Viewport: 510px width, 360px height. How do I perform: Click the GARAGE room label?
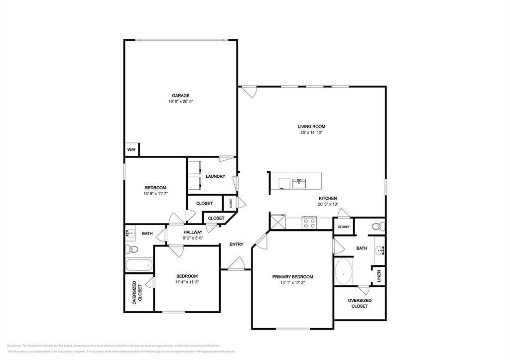click(x=180, y=96)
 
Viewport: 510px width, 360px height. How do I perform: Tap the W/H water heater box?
click(x=131, y=149)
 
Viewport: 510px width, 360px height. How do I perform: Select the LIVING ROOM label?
click(x=311, y=126)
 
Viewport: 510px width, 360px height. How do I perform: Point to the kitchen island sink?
click(x=299, y=183)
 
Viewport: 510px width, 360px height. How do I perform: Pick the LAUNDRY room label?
click(x=215, y=176)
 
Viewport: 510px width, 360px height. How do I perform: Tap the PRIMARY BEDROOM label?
click(x=292, y=277)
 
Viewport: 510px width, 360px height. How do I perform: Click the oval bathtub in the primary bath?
click(x=343, y=272)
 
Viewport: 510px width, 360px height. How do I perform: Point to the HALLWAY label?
click(x=193, y=232)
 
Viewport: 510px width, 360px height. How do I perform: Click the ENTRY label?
click(x=236, y=244)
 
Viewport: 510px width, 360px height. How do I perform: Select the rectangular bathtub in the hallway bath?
click(x=139, y=265)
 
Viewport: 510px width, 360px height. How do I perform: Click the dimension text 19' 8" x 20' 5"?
click(x=180, y=102)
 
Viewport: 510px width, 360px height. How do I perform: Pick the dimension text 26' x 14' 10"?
click(x=311, y=133)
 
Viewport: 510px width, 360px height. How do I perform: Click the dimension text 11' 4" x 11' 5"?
click(x=187, y=282)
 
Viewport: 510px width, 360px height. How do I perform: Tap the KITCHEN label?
click(x=328, y=198)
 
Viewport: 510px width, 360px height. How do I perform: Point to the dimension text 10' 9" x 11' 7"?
click(x=155, y=193)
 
